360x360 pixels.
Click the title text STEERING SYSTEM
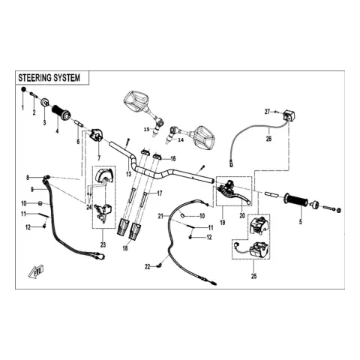pos(49,78)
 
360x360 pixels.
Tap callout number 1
pos(22,108)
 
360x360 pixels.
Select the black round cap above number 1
pos(23,89)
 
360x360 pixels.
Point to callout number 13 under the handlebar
pos(128,174)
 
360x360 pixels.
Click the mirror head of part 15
pos(136,101)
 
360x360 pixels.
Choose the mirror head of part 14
pos(204,136)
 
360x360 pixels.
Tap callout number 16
pos(173,159)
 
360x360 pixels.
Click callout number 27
pos(267,112)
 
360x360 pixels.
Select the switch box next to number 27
pos(289,115)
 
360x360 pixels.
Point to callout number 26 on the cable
pos(268,138)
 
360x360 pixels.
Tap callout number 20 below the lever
pos(242,215)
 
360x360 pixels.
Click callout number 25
pos(254,276)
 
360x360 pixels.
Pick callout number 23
pos(103,245)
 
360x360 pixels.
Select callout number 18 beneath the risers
pos(125,248)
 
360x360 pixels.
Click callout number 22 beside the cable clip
pos(148,267)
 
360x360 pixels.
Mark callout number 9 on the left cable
pos(32,190)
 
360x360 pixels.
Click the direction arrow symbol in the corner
pos(36,271)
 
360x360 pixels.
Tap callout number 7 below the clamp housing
pos(99,158)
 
